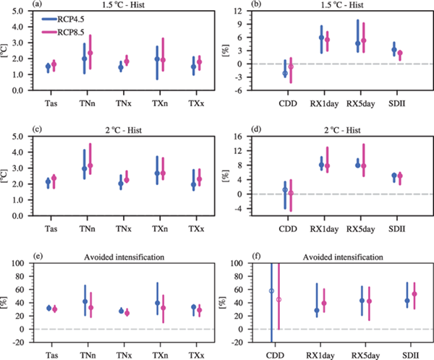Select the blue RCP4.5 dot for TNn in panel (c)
pyautogui.click(x=84, y=168)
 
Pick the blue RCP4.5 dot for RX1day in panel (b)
pyautogui.click(x=321, y=38)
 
